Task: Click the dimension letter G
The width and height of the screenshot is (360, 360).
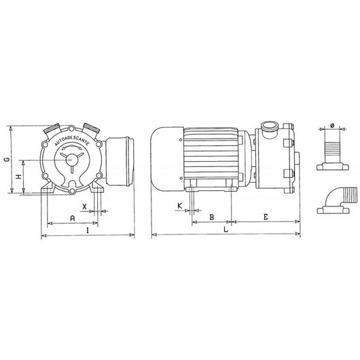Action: point(6,160)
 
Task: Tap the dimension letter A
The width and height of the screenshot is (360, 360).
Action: point(72,218)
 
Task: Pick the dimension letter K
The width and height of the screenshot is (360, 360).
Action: point(179,204)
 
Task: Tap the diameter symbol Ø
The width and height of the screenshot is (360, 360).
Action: point(331,125)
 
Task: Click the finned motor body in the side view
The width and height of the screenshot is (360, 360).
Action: point(208,155)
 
